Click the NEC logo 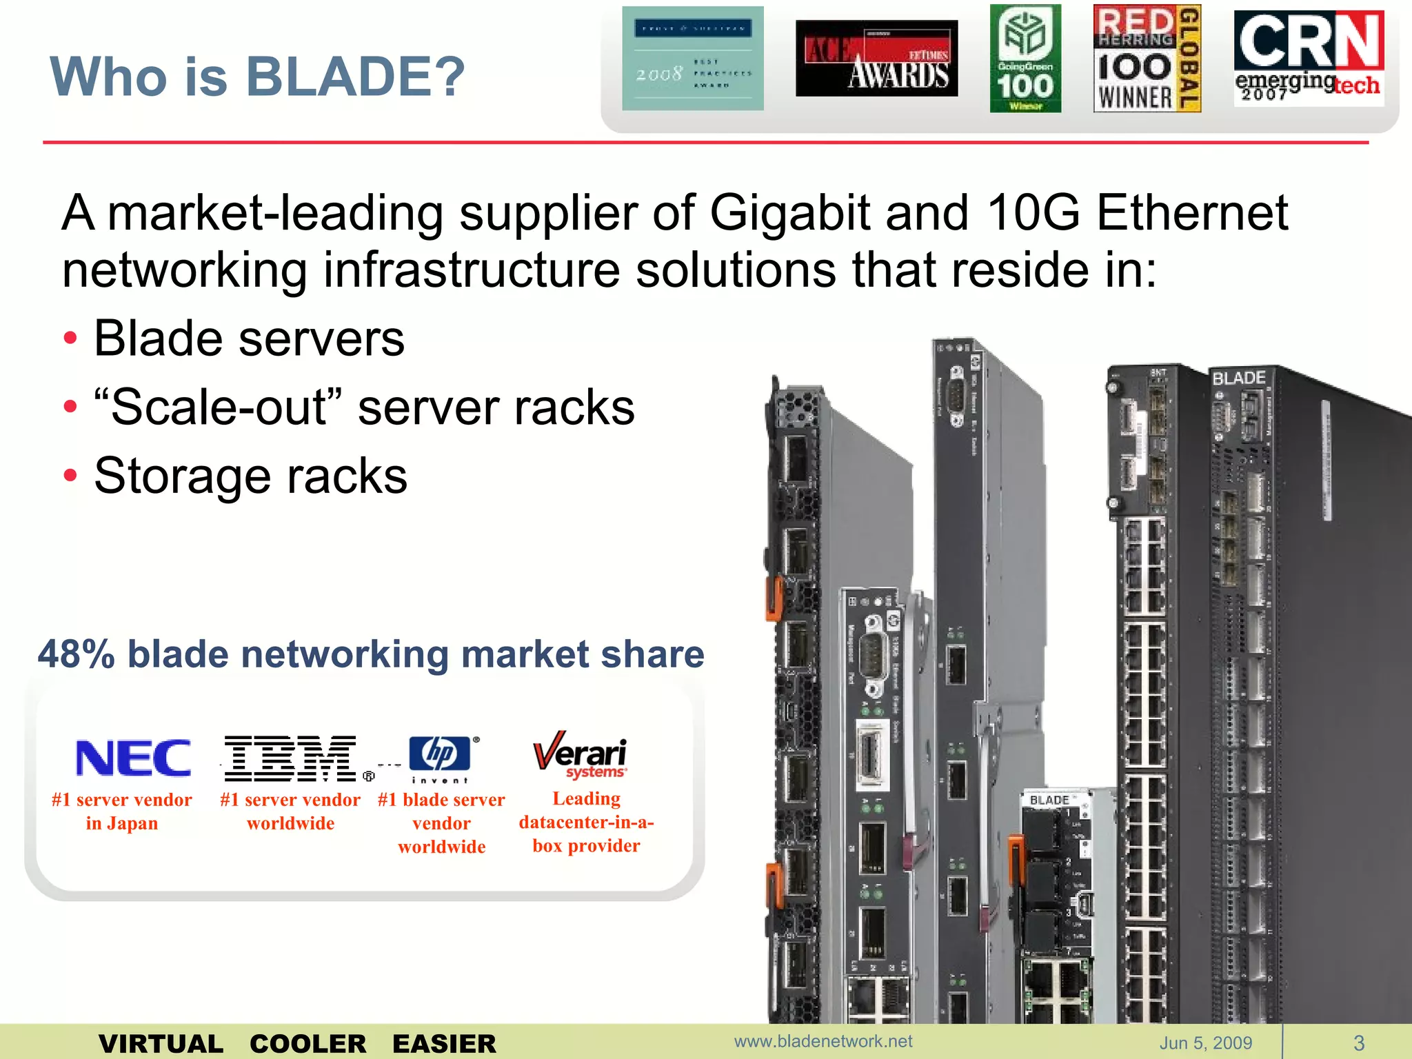(x=133, y=758)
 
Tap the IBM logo (x=291, y=758)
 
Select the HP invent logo (x=441, y=758)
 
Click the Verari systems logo (x=581, y=755)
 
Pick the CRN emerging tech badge (x=1309, y=59)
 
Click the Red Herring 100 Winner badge (x=1147, y=59)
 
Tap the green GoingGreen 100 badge (x=1025, y=59)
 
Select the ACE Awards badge (x=876, y=59)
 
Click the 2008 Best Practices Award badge (x=693, y=59)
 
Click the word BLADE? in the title (x=356, y=76)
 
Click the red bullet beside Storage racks (x=70, y=476)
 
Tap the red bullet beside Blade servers (x=70, y=339)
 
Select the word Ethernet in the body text (x=1191, y=212)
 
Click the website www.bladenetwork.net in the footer (x=823, y=1041)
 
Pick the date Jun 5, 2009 (x=1206, y=1042)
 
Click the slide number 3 (x=1359, y=1042)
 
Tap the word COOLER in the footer (x=307, y=1044)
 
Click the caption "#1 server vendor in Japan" (x=122, y=811)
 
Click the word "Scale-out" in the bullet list (x=219, y=407)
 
